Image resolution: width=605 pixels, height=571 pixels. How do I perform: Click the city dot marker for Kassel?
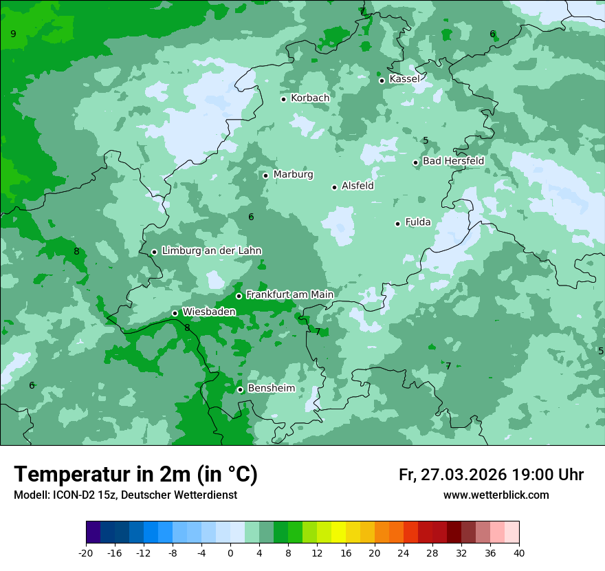[x=382, y=80]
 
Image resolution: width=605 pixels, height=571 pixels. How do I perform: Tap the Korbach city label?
[x=310, y=98]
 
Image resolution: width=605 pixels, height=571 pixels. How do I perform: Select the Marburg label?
[x=293, y=175]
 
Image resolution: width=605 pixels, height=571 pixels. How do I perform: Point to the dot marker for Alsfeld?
[x=334, y=187]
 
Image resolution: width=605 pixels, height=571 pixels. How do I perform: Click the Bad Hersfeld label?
[x=453, y=161]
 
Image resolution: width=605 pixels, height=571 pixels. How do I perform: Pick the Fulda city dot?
[x=397, y=224]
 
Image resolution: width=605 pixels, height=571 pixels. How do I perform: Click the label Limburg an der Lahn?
[x=211, y=251]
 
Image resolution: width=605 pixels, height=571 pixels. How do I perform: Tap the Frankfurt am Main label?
[x=289, y=295]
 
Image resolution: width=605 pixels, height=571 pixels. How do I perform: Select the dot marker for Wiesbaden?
[x=175, y=313]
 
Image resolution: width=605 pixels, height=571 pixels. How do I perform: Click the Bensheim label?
[x=271, y=389]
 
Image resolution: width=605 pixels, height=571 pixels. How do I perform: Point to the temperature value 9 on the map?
[x=13, y=34]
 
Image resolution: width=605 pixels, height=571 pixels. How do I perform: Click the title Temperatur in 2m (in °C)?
[x=135, y=475]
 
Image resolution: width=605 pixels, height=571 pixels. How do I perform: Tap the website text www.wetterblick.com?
[x=496, y=495]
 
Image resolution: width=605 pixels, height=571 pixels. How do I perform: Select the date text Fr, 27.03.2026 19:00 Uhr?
[x=491, y=475]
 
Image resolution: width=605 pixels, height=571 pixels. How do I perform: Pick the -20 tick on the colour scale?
[x=86, y=552]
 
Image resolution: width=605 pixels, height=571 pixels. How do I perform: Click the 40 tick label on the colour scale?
[x=519, y=552]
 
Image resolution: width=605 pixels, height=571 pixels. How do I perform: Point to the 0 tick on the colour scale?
[x=230, y=552]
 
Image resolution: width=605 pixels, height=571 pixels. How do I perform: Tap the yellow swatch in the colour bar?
[x=338, y=532]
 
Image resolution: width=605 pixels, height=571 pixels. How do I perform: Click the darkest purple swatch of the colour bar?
[x=93, y=532]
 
